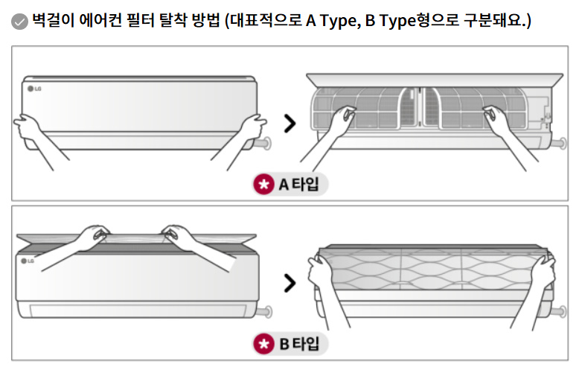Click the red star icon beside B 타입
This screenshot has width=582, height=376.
click(x=263, y=343)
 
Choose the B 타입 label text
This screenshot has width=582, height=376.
click(x=298, y=343)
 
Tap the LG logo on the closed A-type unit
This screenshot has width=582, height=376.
click(x=35, y=89)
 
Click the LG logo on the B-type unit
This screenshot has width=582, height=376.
click(x=28, y=261)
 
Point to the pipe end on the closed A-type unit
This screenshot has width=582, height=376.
click(x=266, y=141)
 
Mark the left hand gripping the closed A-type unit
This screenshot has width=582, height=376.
click(x=28, y=124)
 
